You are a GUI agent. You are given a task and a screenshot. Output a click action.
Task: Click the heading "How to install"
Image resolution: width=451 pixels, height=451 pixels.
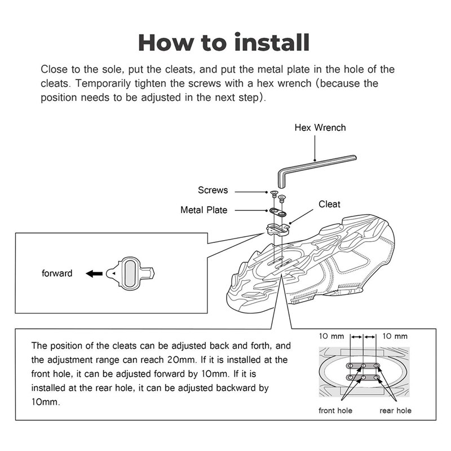pyautogui.click(x=224, y=43)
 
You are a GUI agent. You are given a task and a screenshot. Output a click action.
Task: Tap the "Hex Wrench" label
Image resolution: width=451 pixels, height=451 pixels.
pyautogui.click(x=320, y=127)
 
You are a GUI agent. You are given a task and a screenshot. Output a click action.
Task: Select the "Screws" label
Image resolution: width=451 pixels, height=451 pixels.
pyautogui.click(x=213, y=190)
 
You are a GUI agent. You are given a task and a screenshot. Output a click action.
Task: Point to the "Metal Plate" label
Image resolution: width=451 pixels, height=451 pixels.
pyautogui.click(x=204, y=210)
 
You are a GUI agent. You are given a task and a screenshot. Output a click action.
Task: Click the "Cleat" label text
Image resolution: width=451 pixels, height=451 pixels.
pyautogui.click(x=329, y=204)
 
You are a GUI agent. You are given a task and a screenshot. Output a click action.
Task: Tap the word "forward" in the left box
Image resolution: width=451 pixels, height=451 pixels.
pyautogui.click(x=57, y=273)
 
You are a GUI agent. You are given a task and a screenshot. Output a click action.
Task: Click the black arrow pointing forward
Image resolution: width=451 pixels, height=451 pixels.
pyautogui.click(x=94, y=273)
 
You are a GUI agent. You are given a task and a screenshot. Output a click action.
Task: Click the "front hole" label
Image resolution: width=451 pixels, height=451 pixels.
pyautogui.click(x=335, y=410)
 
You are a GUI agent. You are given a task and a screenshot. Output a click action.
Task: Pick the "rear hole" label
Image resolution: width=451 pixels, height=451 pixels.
pyautogui.click(x=395, y=410)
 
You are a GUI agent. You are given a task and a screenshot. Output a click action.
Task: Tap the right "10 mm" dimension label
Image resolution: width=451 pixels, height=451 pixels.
pyautogui.click(x=395, y=337)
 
